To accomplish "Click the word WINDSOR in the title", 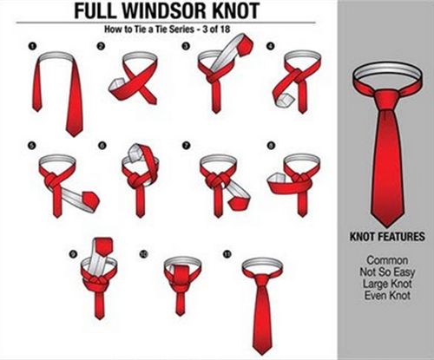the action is pyautogui.click(x=164, y=11).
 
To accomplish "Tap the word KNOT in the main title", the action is pyautogui.click(x=236, y=11).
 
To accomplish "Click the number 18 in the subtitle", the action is pyautogui.click(x=225, y=29).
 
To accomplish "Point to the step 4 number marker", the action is pyautogui.click(x=271, y=46).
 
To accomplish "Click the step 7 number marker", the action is pyautogui.click(x=186, y=146).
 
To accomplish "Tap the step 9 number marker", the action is pyautogui.click(x=73, y=254).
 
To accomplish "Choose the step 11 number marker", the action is pyautogui.click(x=227, y=254).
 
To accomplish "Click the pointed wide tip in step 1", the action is pyautogui.click(x=74, y=136).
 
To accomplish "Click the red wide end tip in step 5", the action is pyautogui.click(x=91, y=200).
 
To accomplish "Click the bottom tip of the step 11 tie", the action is pyautogui.click(x=262, y=354).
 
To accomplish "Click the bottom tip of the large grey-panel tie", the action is pyautogui.click(x=387, y=226).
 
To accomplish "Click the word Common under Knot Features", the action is pyautogui.click(x=387, y=260).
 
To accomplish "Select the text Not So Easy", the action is pyautogui.click(x=387, y=272).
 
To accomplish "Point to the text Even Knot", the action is pyautogui.click(x=387, y=296).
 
